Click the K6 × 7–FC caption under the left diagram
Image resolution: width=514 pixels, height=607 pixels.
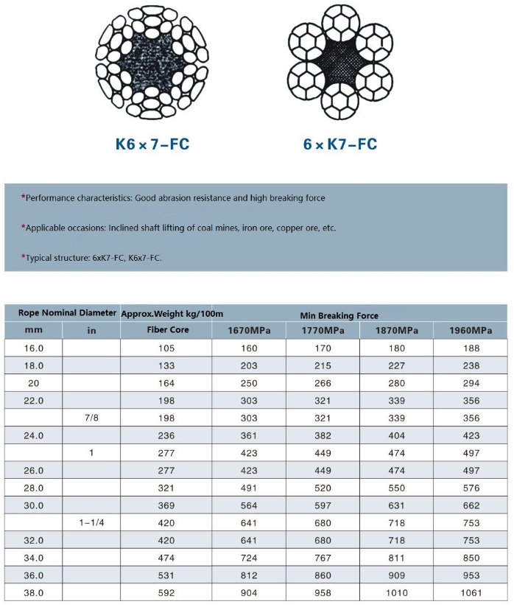coord(152,144)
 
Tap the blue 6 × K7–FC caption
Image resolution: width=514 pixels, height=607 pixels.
coord(340,144)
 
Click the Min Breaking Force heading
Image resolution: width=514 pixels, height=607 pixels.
coord(339,315)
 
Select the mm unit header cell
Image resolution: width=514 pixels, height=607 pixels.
coord(34,330)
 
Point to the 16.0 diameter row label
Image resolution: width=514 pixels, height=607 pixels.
coord(34,348)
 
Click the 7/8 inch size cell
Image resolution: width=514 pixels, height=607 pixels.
coord(91,418)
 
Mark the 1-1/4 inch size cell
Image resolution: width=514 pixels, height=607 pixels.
coord(91,523)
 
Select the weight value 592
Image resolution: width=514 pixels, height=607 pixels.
coord(166,593)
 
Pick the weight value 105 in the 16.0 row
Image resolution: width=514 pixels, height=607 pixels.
coord(166,348)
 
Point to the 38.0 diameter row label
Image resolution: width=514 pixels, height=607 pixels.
coord(34,593)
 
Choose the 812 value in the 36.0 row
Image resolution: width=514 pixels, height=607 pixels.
coord(249,575)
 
